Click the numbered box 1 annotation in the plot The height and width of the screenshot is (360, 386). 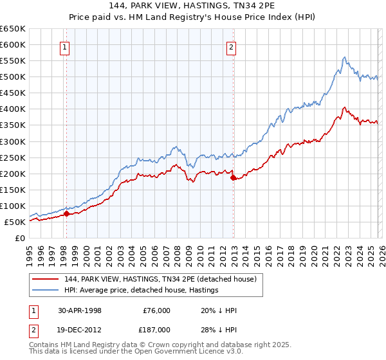click(66, 46)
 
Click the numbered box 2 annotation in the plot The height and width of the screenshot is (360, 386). click(231, 46)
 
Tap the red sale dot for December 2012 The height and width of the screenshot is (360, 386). click(234, 178)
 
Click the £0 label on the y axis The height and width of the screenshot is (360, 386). click(20, 238)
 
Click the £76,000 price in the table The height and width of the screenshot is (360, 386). click(156, 310)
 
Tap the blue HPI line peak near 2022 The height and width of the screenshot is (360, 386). click(345, 57)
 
